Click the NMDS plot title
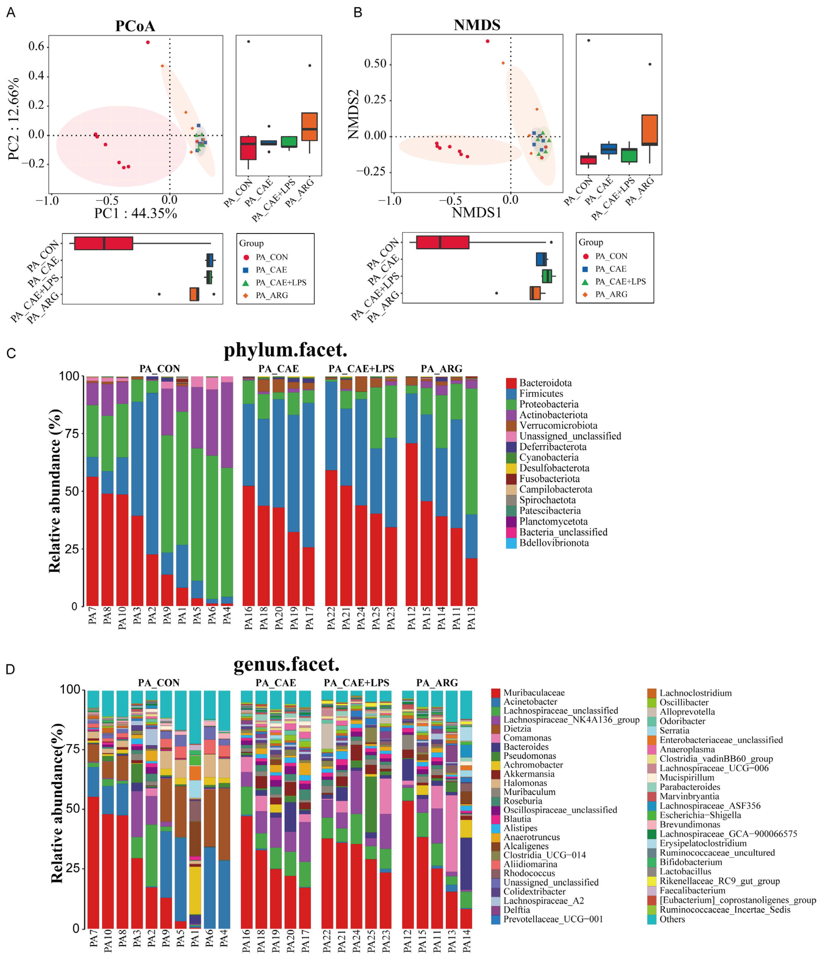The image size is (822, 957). pyautogui.click(x=477, y=25)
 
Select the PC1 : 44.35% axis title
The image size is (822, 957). pyautogui.click(x=135, y=213)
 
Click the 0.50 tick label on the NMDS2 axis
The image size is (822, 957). pyautogui.click(x=375, y=64)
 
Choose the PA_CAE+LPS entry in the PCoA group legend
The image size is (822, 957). pyautogui.click(x=280, y=283)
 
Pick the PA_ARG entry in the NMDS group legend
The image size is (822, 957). pyautogui.click(x=611, y=294)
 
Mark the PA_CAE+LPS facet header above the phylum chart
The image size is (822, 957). pyautogui.click(x=361, y=369)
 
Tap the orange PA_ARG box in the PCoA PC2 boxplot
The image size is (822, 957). pyautogui.click(x=309, y=127)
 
